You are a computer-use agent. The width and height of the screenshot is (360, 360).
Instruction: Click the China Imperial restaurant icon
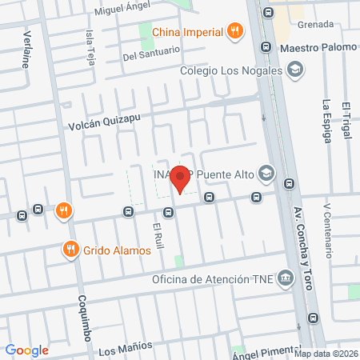(234, 31)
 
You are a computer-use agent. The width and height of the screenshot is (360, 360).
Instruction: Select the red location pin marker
(182, 177)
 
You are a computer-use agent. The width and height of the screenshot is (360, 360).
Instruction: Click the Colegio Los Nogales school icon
(296, 70)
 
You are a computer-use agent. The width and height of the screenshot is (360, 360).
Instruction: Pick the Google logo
(27, 350)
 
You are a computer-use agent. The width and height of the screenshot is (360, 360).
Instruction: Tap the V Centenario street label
(327, 229)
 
